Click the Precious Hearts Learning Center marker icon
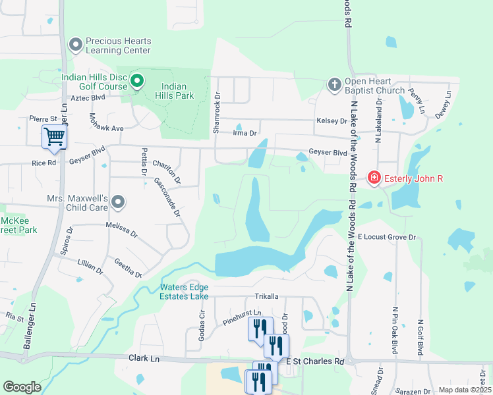(76, 45)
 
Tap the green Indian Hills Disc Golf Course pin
(137, 82)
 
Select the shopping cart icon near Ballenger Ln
(54, 137)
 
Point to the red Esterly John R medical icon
(374, 178)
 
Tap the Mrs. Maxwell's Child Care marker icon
(118, 202)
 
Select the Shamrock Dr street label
(216, 113)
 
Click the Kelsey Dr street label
(332, 121)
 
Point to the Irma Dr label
(244, 134)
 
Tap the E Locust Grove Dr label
(387, 236)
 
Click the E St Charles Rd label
(315, 361)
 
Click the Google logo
(22, 387)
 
